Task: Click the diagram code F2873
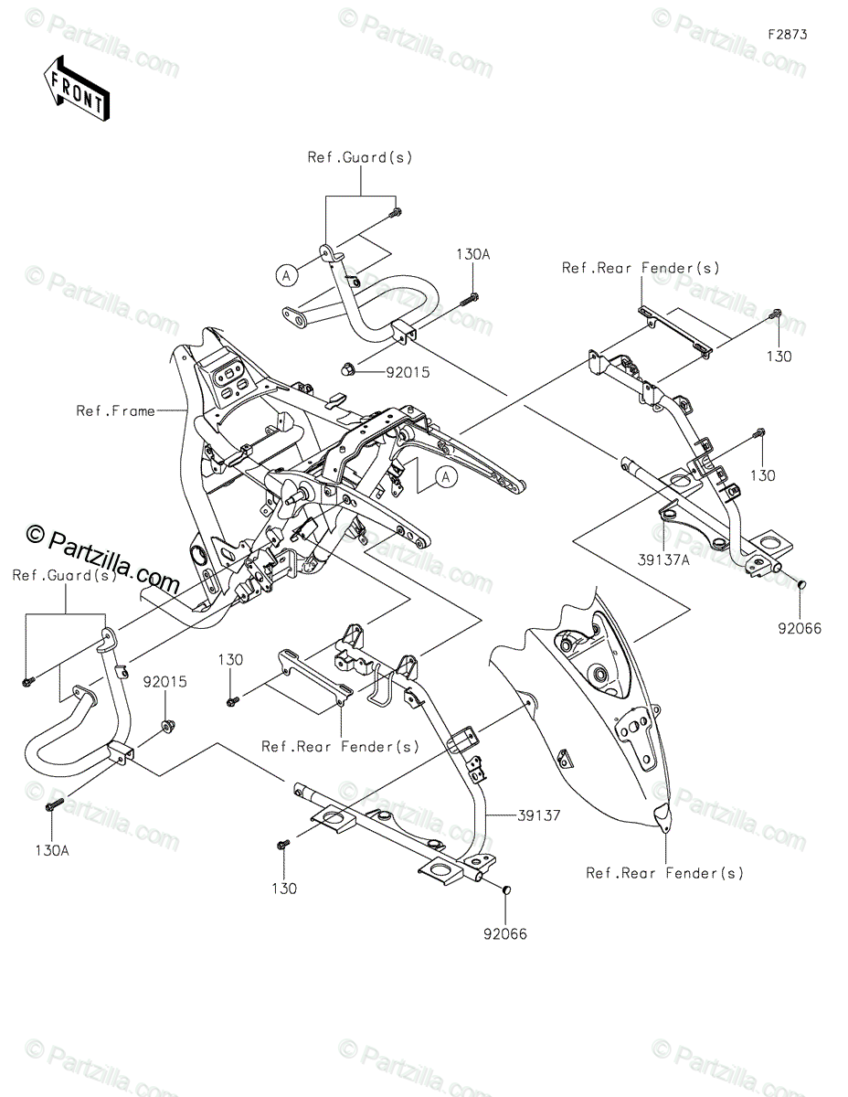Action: (x=788, y=35)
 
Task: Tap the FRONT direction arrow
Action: (x=76, y=88)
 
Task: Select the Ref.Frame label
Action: (x=115, y=411)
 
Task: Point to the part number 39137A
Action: (x=663, y=559)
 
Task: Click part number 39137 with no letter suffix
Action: (x=539, y=815)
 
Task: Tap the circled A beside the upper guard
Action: (x=287, y=276)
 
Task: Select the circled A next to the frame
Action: (x=446, y=476)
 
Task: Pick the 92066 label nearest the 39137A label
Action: (x=800, y=629)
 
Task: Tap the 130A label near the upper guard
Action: (x=473, y=254)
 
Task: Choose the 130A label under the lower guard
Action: (x=52, y=851)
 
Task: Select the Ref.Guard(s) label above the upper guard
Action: (x=360, y=157)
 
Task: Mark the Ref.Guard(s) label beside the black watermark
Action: (x=65, y=576)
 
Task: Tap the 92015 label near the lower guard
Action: (x=165, y=682)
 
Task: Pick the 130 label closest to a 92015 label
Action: (x=230, y=660)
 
